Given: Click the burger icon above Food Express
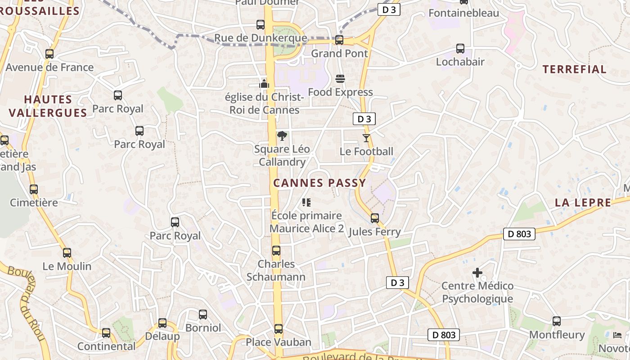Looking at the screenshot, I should pyautogui.click(x=340, y=79).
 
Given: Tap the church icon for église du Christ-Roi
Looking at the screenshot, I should pyautogui.click(x=264, y=83).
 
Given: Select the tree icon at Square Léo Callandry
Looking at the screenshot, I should pyautogui.click(x=282, y=135).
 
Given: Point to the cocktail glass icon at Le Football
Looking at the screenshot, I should pyautogui.click(x=366, y=138).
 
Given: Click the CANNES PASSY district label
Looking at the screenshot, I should pyautogui.click(x=319, y=183).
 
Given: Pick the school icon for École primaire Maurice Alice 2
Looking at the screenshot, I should pyautogui.click(x=306, y=202).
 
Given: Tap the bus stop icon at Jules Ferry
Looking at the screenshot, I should pyautogui.click(x=375, y=218).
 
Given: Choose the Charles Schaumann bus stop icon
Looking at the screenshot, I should pyautogui.click(x=276, y=251).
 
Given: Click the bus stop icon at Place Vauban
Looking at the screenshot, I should pyautogui.click(x=279, y=329).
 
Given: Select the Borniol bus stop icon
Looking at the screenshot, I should pyautogui.click(x=203, y=315).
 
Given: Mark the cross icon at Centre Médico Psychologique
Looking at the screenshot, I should pyautogui.click(x=477, y=272).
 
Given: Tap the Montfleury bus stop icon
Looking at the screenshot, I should pyautogui.click(x=557, y=321).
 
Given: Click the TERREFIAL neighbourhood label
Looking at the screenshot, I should pyautogui.click(x=574, y=69).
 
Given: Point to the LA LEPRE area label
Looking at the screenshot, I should pyautogui.click(x=583, y=202).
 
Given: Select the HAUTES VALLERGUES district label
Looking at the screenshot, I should pyautogui.click(x=48, y=106).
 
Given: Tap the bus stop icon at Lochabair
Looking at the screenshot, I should pyautogui.click(x=460, y=48).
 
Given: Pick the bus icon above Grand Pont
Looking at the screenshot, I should pyautogui.click(x=339, y=40).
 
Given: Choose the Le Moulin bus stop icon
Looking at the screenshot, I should pyautogui.click(x=67, y=253).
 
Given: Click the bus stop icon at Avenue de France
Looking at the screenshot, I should pyautogui.click(x=49, y=54).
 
